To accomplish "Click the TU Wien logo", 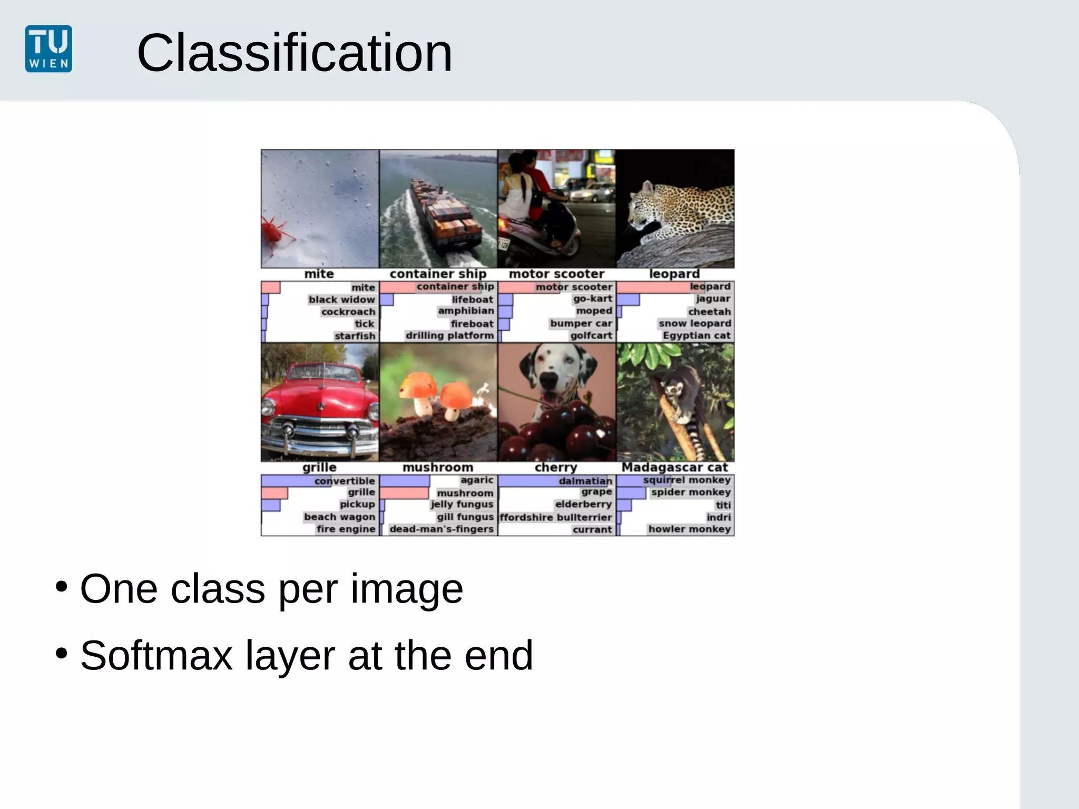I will click(x=48, y=48).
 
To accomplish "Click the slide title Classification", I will click(x=294, y=53).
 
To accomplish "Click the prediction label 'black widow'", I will click(x=341, y=300).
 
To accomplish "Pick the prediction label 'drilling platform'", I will click(x=449, y=336).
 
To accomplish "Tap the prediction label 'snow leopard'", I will click(x=694, y=323).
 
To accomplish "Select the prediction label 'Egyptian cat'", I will click(x=696, y=336).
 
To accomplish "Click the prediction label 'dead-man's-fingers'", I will click(x=442, y=529).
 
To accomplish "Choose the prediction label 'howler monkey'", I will click(x=689, y=529).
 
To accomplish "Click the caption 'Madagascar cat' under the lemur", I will click(x=674, y=467).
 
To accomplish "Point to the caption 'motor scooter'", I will click(x=556, y=274).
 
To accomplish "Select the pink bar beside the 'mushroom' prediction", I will click(x=404, y=493).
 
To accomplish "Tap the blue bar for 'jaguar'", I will click(x=628, y=300).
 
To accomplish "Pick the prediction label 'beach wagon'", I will click(x=339, y=517).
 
